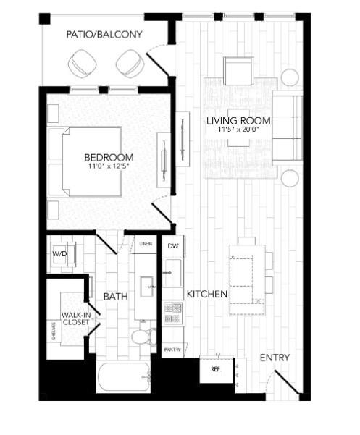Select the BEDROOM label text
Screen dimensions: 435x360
[x=109, y=158]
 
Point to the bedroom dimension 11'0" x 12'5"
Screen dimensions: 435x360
[x=109, y=167]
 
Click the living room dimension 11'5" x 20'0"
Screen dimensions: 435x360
[x=238, y=130]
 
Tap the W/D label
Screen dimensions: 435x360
[x=59, y=255]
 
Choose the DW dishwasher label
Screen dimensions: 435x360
[x=172, y=247]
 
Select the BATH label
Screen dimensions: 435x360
[x=116, y=297]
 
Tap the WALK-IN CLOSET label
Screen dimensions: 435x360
[x=75, y=319]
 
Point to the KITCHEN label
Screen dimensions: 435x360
[x=208, y=295]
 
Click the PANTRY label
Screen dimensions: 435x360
[x=172, y=350]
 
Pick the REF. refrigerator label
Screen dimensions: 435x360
[x=215, y=368]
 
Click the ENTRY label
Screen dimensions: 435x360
[x=275, y=358]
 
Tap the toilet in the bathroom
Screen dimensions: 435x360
[x=141, y=337]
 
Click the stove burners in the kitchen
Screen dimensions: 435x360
[x=172, y=313]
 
